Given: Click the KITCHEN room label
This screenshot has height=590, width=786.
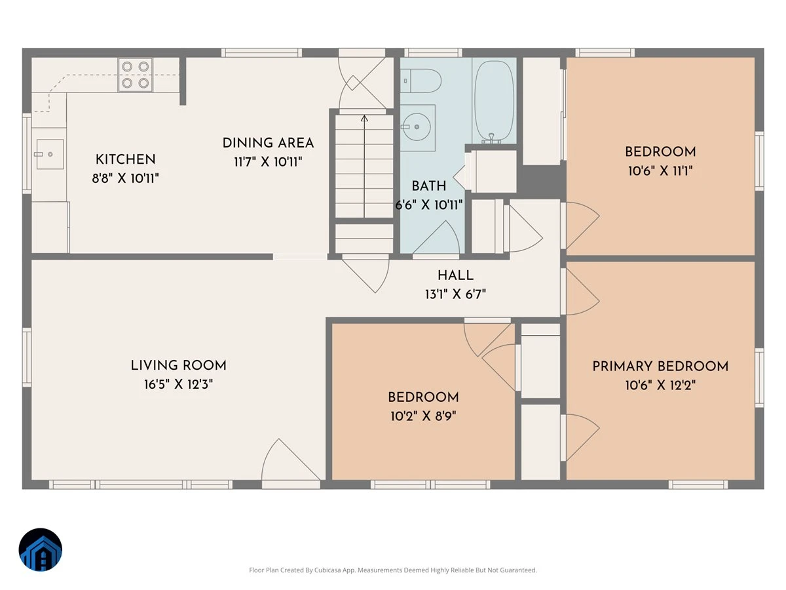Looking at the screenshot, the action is (125, 159).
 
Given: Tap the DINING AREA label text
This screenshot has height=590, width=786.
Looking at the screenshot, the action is (268, 143).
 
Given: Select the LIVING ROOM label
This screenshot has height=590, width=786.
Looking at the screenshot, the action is (178, 365).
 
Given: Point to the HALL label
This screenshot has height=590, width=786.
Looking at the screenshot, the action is (455, 275).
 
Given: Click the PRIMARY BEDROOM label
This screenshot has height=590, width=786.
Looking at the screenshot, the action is (660, 366).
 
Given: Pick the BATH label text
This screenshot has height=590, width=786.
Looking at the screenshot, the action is (428, 186).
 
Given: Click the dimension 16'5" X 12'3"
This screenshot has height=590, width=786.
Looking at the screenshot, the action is (178, 384).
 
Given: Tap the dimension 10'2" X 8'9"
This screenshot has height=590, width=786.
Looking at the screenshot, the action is (423, 416).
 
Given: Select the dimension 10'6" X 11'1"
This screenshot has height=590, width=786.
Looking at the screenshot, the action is (660, 171).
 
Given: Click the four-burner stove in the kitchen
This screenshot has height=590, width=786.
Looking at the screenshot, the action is (136, 75).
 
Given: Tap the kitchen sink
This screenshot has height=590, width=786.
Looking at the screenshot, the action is (50, 155).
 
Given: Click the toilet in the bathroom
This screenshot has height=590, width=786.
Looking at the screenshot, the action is (421, 81).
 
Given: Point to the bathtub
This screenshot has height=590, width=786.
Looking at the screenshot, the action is (494, 102).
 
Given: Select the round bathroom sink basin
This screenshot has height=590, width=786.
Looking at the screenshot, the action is (417, 127).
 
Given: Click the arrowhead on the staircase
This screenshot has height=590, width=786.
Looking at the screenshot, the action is (364, 118).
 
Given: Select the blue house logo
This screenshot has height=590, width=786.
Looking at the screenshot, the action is (41, 549).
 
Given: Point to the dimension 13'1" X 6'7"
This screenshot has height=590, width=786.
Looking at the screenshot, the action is (455, 294).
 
